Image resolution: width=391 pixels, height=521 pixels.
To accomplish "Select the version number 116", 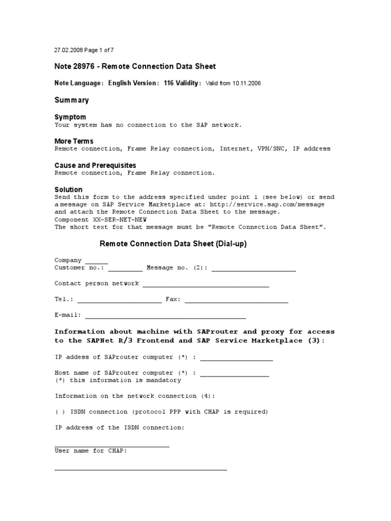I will [x=169, y=83].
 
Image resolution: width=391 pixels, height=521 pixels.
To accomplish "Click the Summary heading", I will [x=71, y=100].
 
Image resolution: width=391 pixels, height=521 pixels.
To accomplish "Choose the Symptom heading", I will [x=70, y=117].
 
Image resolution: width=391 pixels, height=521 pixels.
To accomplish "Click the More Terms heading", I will [x=74, y=141].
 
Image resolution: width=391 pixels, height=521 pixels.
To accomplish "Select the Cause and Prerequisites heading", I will [x=95, y=165].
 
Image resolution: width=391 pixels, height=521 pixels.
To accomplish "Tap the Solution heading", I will [x=68, y=189].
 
